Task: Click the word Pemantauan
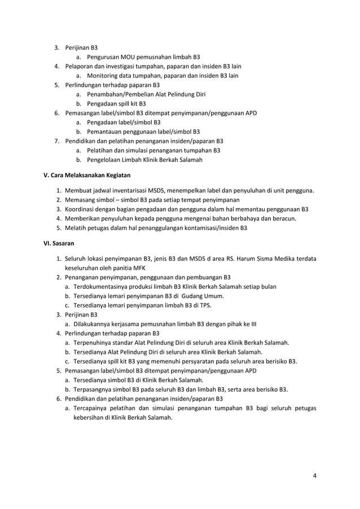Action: pos(105,131)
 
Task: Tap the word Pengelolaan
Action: pos(106,160)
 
